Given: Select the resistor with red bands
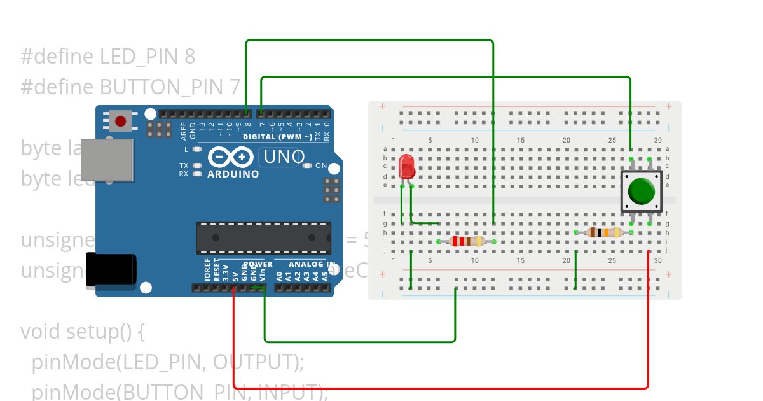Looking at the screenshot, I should point(467,241).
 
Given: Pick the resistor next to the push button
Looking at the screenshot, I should point(604,232).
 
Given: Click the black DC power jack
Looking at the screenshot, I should point(111,271).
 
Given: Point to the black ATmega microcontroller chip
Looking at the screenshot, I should point(263,237).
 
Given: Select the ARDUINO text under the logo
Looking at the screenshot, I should point(233,174).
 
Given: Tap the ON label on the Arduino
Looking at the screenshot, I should point(321,166).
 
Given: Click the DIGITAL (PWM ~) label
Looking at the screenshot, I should point(277,137).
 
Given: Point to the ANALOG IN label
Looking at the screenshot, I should point(312,264).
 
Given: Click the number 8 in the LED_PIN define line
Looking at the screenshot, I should point(189,57).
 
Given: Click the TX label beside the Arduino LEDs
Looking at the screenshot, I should point(183,165).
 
